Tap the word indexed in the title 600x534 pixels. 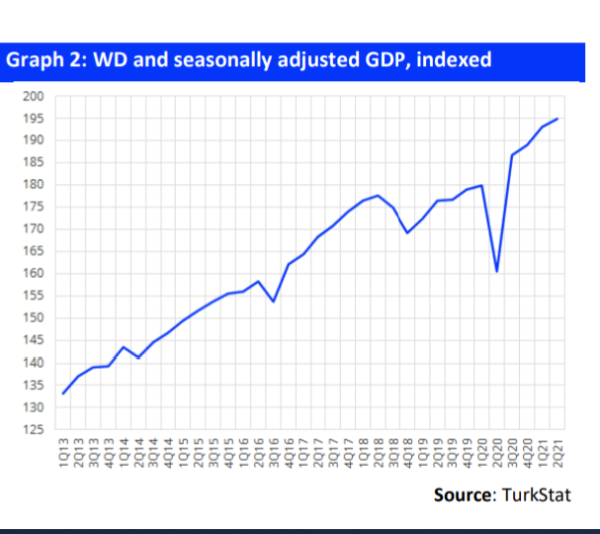pyautogui.click(x=454, y=60)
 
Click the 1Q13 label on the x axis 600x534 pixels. pyautogui.click(x=64, y=456)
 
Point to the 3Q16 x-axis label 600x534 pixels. pyautogui.click(x=274, y=456)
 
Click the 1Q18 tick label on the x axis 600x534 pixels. pyautogui.click(x=364, y=456)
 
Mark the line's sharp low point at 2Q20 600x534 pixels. pyautogui.click(x=496, y=271)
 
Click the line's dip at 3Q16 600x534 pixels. pyautogui.click(x=274, y=301)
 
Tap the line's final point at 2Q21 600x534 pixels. pyautogui.click(x=558, y=119)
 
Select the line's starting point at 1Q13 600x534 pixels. pyautogui.click(x=63, y=394)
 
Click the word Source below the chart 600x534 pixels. pyautogui.click(x=462, y=494)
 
